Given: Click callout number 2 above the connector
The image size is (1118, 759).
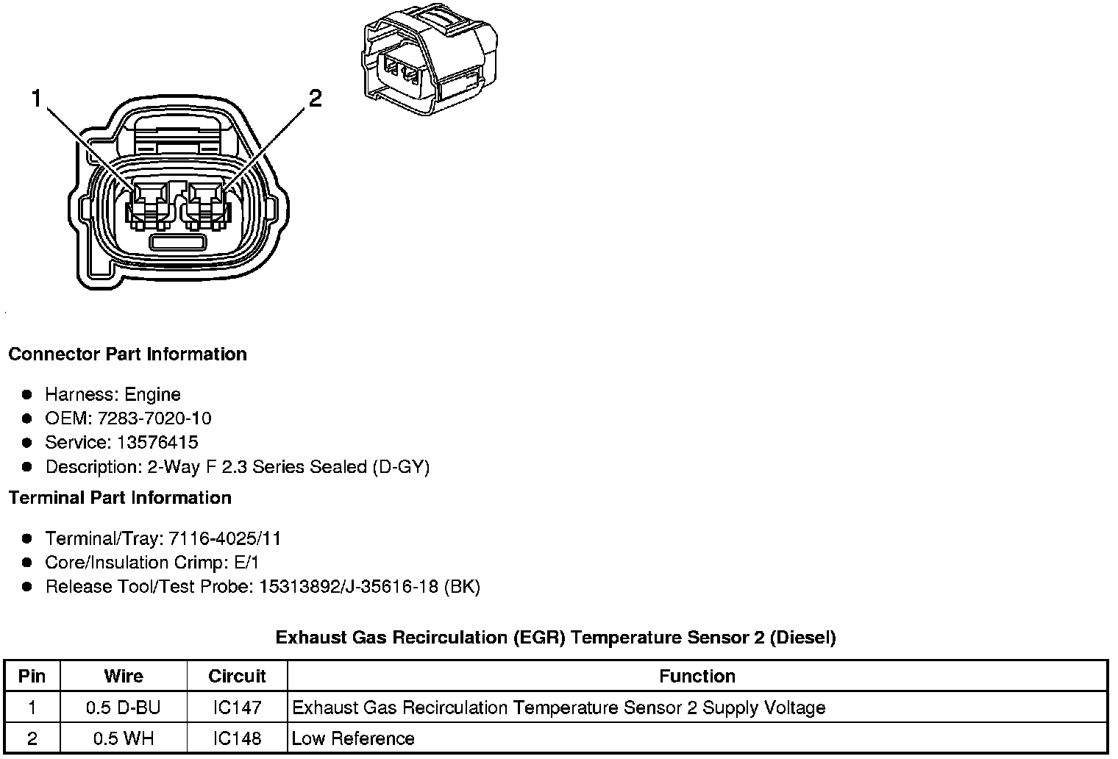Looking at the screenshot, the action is coord(315,98).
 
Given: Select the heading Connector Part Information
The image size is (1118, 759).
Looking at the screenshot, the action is coord(127,354).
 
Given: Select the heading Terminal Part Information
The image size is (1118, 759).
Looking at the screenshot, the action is coord(120,498).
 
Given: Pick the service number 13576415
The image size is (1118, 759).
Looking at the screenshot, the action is coord(157,443).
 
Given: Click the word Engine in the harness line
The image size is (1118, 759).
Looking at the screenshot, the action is coord(152,395).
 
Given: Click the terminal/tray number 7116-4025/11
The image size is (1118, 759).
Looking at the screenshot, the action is coord(224,539).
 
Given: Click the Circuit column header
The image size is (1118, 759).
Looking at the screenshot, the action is coord(237,676).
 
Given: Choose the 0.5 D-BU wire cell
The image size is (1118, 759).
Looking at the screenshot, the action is coord(123,708).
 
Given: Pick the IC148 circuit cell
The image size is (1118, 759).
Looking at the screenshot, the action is coord(237,738).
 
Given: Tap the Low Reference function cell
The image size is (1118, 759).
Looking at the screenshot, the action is coord(353,738).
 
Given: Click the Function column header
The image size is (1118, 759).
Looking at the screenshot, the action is coord(697,676).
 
